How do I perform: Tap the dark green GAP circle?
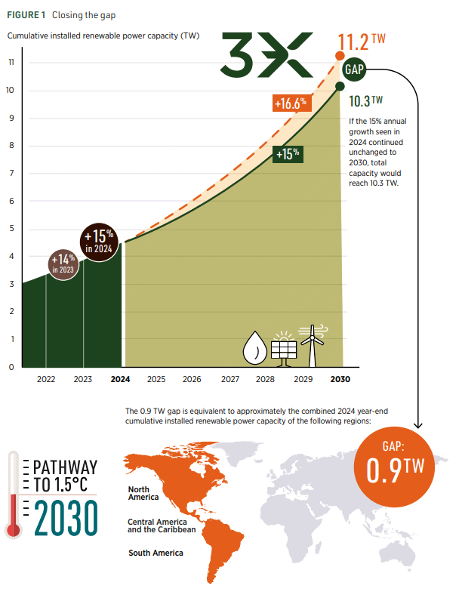354,69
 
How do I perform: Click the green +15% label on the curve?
288,153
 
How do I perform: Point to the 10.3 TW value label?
365,100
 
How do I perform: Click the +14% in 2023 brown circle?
64,264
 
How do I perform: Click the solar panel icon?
285,347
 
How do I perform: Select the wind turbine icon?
310,344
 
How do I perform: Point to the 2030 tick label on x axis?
340,379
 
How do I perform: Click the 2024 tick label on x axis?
120,379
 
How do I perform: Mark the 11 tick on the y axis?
11,63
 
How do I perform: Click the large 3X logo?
265,54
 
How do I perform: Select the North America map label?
143,493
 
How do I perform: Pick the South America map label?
155,553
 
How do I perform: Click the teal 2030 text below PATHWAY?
64,516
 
